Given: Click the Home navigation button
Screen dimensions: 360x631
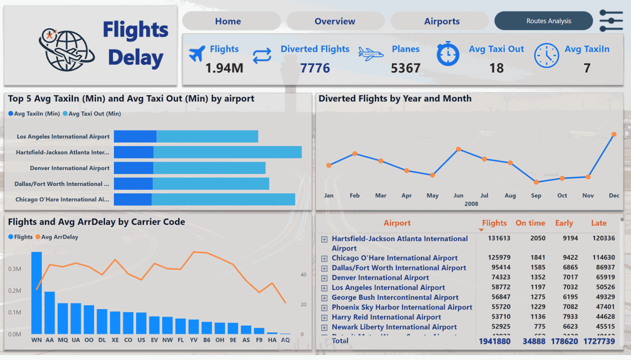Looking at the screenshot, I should click(228, 21).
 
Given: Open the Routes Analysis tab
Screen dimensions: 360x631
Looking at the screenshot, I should click(548, 21).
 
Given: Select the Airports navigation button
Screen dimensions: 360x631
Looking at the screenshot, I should click(441, 21).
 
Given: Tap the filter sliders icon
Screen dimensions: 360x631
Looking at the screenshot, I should click(611, 21).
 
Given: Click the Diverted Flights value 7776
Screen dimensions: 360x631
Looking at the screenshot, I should click(315, 68).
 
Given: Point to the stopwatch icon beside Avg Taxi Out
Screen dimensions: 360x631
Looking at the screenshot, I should click(447, 54).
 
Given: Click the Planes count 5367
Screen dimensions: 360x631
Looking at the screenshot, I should click(405, 68).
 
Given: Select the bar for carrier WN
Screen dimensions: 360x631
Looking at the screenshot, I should click(36, 292).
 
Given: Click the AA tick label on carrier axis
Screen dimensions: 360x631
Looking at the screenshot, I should click(49, 340).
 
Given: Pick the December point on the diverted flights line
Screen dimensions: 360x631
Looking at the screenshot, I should click(614, 134).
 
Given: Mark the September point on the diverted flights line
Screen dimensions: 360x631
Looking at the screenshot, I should click(536, 182).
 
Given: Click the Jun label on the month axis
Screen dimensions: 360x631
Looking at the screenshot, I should click(458, 195).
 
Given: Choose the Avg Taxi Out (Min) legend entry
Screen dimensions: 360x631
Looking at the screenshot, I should click(94, 113).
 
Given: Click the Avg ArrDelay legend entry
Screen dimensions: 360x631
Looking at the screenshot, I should click(59, 237).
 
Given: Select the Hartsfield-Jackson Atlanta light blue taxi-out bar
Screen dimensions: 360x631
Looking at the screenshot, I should click(227, 152).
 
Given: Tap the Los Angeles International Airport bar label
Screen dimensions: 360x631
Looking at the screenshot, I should click(63, 136).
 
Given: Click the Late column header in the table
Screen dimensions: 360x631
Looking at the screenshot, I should click(598, 223).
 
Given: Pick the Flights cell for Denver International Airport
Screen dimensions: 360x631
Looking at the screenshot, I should click(495, 277).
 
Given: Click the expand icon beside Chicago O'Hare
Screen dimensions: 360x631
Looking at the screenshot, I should click(324, 258).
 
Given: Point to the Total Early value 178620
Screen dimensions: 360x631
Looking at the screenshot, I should click(563, 341).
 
